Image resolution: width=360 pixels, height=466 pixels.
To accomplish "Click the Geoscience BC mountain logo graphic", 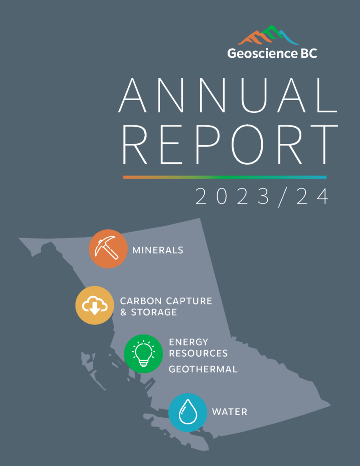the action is (269, 35).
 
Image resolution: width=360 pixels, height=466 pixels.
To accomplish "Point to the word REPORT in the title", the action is (230, 145).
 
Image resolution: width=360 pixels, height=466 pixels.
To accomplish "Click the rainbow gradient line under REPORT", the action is (225, 177).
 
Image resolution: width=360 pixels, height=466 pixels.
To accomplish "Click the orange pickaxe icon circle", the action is (108, 249).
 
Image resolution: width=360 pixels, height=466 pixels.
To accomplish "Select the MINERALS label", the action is (157, 250).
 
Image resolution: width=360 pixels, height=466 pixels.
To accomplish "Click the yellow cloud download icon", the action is (95, 305).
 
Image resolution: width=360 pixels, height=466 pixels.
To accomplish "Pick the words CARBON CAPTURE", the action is (166, 301).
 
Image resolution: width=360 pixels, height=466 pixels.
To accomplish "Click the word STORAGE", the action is (154, 312).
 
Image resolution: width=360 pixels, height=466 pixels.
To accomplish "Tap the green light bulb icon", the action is (143, 354).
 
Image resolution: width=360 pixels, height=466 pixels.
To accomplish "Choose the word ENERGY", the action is (188, 342).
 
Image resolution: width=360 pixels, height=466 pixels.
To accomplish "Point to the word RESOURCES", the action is (198, 353).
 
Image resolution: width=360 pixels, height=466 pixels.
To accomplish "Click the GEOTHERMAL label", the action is (203, 369).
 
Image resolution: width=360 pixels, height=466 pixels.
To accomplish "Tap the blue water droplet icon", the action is (188, 412).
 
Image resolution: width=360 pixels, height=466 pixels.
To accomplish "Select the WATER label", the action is (229, 412).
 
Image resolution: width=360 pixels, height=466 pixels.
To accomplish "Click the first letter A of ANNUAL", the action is (132, 96).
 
